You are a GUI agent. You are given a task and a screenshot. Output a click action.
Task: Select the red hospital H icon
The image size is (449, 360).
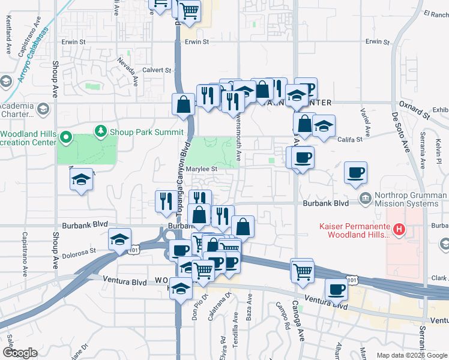(x=397, y=229)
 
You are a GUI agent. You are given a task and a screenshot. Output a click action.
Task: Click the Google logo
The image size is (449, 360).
(x=20, y=353)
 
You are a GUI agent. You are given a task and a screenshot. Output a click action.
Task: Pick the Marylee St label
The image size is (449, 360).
(x=200, y=169)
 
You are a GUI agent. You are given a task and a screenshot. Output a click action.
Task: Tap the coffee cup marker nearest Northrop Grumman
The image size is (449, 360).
(x=355, y=173)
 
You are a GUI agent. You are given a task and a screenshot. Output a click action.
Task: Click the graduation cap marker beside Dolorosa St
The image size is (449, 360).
(x=120, y=239)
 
